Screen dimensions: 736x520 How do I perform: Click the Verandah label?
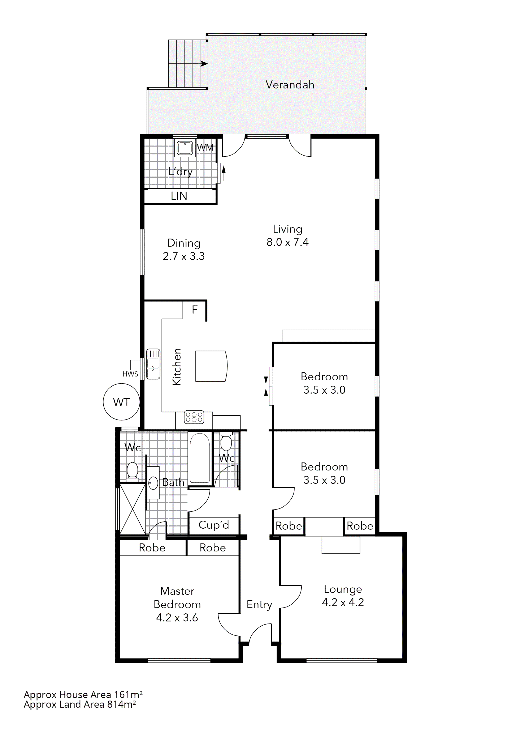tap(290, 85)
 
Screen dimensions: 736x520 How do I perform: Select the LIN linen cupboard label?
tap(179, 196)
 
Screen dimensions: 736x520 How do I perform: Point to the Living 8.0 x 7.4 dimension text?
tap(287, 242)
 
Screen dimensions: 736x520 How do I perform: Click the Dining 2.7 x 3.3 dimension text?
tap(183, 256)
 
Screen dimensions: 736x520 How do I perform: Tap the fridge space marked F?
tap(195, 310)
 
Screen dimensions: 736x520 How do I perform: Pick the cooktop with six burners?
tap(194, 417)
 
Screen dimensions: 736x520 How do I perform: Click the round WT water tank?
tap(121, 402)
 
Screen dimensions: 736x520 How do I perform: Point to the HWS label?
tap(130, 374)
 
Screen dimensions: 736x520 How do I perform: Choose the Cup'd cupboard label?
tap(214, 525)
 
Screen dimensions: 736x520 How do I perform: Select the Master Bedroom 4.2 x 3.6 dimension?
tap(177, 617)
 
